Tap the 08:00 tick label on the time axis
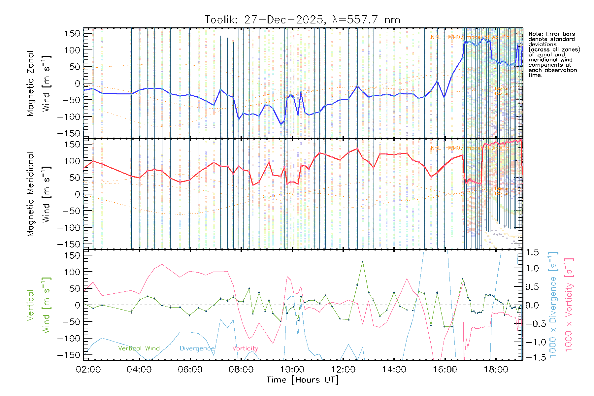point(241,370)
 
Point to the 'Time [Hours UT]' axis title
point(303,380)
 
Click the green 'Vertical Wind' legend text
point(139,348)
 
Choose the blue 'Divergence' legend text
point(197,348)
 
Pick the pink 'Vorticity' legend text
point(245,348)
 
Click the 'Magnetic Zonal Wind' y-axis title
point(39,83)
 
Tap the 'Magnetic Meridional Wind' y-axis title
point(39,194)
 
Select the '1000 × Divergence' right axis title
point(553,305)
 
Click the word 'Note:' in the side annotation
point(535,34)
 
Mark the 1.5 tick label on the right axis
point(532,252)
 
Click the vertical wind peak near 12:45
point(362,261)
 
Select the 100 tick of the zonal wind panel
point(73,50)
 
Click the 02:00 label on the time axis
point(88,370)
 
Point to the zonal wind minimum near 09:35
point(281,124)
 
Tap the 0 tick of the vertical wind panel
point(77,305)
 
